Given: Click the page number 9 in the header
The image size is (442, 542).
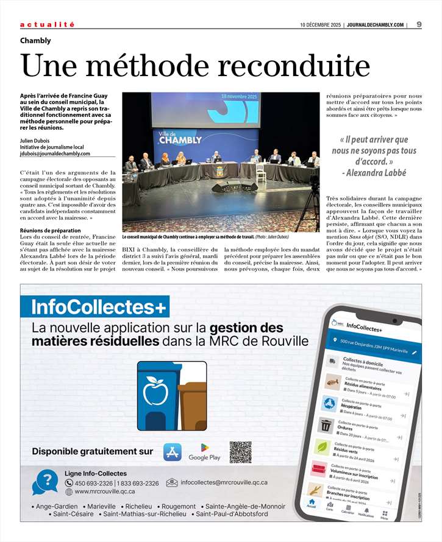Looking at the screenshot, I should (x=419, y=24).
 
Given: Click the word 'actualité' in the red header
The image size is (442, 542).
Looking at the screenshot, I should (x=48, y=24).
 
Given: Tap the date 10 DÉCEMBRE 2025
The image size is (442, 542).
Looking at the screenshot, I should (x=320, y=25).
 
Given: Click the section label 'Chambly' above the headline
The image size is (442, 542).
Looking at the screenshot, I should (x=35, y=41).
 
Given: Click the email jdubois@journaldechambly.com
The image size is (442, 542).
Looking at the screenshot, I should (x=55, y=153).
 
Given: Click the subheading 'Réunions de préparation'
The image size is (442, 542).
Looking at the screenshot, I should (x=50, y=231).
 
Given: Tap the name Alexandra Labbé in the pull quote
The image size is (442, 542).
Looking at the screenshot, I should (x=378, y=173).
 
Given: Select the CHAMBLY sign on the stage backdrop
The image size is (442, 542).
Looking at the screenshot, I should (x=180, y=140).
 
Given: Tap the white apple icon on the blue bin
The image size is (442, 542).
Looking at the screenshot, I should (x=155, y=390).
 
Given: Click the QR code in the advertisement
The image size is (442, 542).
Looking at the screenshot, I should (x=240, y=452).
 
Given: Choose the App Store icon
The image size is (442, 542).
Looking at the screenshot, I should (x=173, y=452).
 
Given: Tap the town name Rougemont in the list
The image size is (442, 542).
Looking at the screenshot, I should (x=179, y=506).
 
